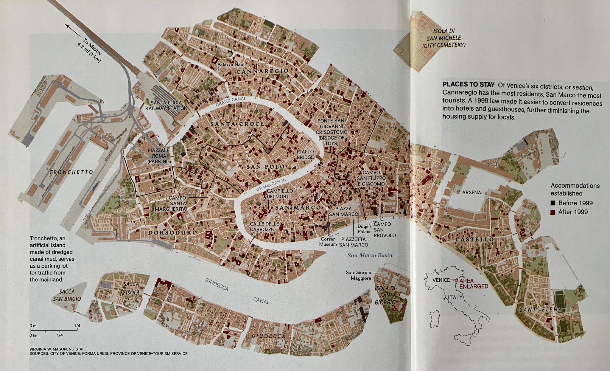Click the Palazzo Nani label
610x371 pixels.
pos(231,65)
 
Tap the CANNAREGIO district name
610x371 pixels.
pos(262,71)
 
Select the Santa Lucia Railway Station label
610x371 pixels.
pos(166,105)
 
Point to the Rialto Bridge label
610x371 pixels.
pos(305,154)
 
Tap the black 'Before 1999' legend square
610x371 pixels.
pos(553,203)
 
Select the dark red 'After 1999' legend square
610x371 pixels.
pos(553,212)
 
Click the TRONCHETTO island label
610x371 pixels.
pos(71,172)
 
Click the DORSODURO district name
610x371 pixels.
pos(173,232)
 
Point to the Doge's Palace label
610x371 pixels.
pos(365,229)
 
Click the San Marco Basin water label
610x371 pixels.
pos(370,255)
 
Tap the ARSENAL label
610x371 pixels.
pos(473,193)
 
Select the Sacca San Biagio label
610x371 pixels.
pos(67,295)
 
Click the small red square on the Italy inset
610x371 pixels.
pos(456,280)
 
